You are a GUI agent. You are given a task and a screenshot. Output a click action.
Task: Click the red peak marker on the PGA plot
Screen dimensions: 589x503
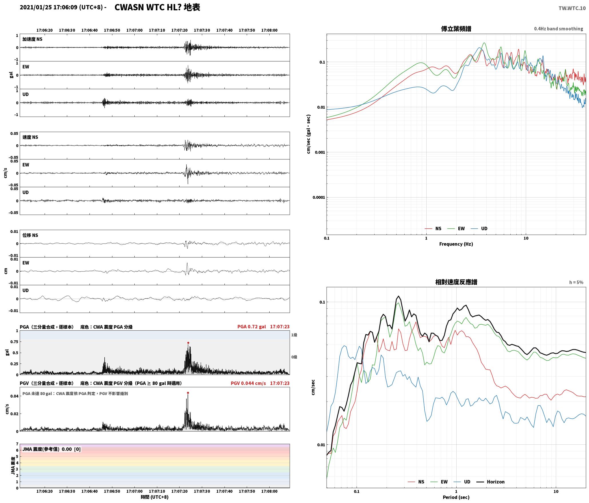point(188,343)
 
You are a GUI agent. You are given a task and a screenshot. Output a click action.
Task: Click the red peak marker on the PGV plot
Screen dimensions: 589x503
point(188,393)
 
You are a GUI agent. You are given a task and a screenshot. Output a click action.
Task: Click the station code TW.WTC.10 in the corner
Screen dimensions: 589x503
point(572,8)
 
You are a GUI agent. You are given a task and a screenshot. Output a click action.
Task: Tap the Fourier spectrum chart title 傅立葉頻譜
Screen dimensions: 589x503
point(456,29)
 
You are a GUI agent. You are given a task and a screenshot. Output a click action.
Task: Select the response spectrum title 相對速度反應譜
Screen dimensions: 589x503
point(456,282)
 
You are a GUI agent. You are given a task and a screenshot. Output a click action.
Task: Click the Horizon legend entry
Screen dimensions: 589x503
point(491,482)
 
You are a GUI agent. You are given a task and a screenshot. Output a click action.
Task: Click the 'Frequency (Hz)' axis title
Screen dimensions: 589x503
point(456,244)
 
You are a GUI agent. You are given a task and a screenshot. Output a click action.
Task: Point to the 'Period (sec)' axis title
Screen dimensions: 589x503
point(456,497)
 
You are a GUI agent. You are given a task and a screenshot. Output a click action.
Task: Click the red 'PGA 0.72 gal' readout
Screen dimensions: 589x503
point(252,327)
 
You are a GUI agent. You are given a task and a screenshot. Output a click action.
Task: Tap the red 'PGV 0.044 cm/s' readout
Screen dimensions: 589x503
point(248,383)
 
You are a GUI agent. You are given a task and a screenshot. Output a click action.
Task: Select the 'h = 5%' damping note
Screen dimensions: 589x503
point(576,282)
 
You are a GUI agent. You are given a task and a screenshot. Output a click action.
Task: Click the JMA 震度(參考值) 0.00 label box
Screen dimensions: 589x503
point(51,449)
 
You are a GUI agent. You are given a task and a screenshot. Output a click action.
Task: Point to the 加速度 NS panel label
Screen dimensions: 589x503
point(32,39)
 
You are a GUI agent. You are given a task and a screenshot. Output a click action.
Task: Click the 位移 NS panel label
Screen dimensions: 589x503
point(30,235)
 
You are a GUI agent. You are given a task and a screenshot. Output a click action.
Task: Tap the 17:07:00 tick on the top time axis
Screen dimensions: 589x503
point(134,30)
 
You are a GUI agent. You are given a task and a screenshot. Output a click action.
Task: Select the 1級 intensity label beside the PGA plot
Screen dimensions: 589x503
point(294,335)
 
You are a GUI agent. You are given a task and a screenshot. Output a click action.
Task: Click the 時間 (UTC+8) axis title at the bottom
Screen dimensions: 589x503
point(154,497)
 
